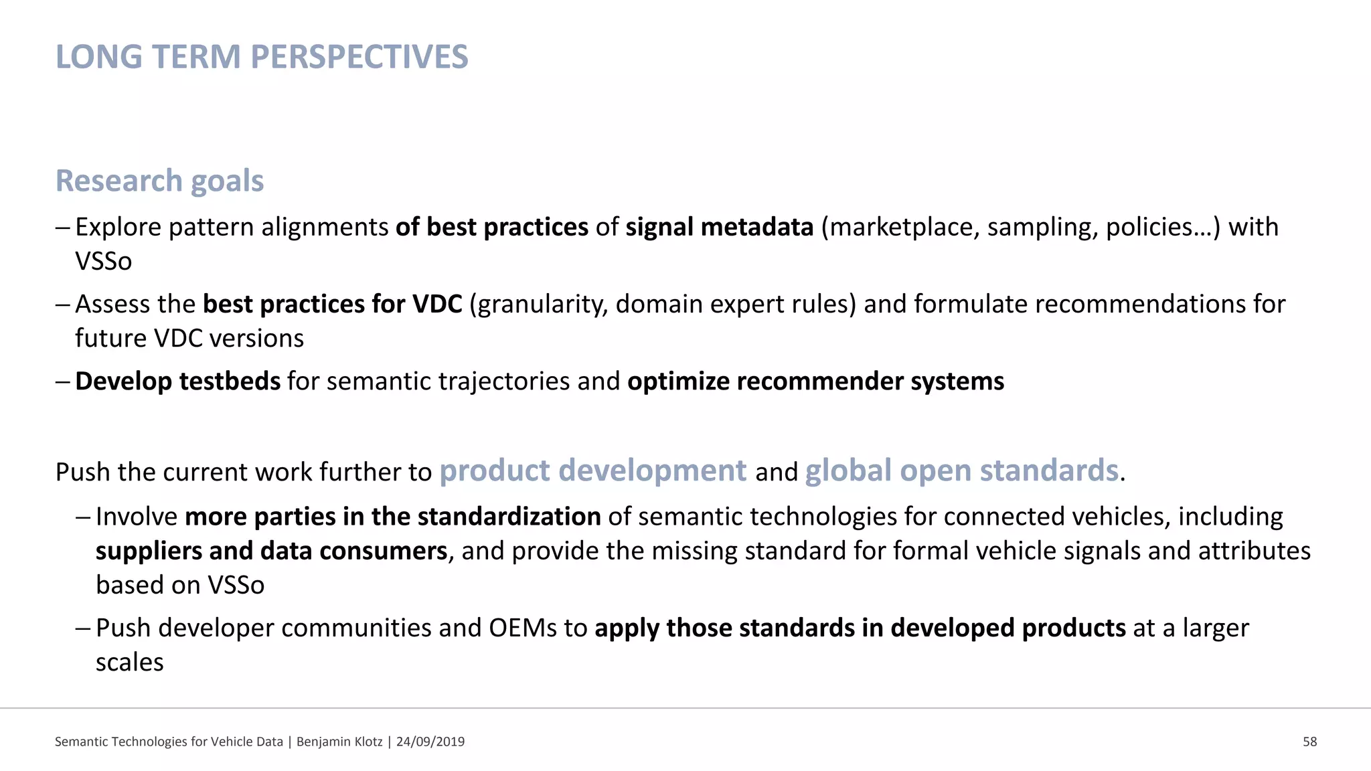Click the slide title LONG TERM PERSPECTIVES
261,57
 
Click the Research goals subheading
159,181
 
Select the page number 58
1309,742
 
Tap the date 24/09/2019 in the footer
430,742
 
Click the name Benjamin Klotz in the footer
339,742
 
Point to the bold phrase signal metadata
719,228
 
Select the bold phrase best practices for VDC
332,305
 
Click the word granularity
542,305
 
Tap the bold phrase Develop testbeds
177,381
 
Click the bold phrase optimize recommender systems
815,381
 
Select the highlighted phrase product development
592,470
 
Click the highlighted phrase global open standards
961,470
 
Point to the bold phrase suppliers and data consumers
271,551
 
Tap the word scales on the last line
129,663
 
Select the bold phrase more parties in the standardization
392,517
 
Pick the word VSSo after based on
236,586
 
